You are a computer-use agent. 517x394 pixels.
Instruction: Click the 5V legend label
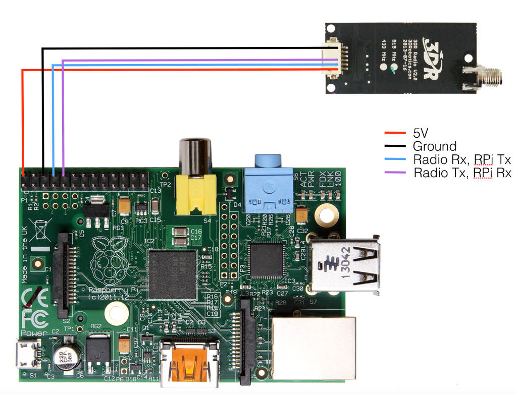[421, 133]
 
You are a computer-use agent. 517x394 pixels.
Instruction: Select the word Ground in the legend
[434, 147]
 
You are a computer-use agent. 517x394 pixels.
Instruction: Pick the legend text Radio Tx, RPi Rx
[462, 173]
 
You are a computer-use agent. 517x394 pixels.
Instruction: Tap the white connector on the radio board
[332, 60]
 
